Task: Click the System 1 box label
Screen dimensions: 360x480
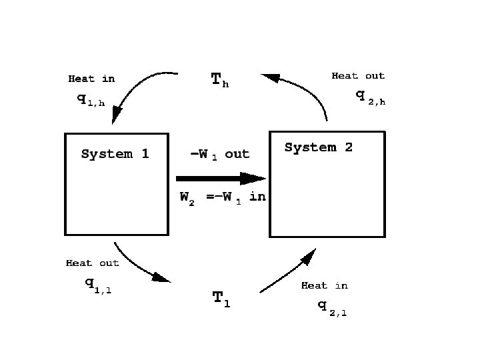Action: (115, 154)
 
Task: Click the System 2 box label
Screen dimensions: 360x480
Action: (318, 147)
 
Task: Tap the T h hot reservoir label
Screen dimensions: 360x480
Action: (220, 81)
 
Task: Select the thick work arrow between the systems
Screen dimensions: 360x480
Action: (213, 179)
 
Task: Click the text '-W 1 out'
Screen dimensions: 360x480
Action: (219, 155)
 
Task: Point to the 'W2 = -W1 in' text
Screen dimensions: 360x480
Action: (223, 197)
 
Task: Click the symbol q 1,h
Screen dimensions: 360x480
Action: (91, 101)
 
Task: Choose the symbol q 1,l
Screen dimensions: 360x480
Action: (97, 283)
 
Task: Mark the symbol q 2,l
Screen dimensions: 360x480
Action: (331, 307)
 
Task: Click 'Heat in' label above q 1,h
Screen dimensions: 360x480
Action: (91, 79)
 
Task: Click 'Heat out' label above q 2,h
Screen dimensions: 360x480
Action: (358, 76)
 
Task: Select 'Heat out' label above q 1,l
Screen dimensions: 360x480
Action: (92, 263)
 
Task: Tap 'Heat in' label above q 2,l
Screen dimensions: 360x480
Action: (324, 285)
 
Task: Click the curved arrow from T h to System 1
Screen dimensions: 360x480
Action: (137, 87)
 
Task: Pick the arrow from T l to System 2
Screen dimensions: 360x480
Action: (287, 273)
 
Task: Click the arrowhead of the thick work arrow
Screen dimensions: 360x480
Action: (253, 179)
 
